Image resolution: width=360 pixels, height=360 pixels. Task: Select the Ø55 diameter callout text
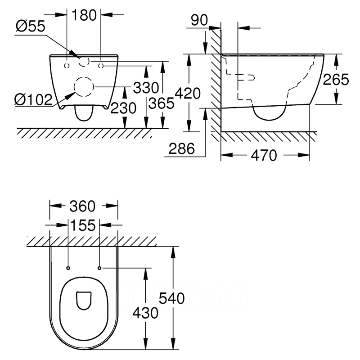(x=30, y=27)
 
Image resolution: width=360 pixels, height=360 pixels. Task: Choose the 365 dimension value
(x=162, y=103)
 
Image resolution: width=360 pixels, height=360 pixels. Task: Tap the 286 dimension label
(x=182, y=148)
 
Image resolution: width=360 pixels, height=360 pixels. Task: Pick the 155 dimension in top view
(x=83, y=225)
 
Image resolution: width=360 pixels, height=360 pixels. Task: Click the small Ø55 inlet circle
(x=84, y=62)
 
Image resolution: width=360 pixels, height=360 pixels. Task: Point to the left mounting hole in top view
(x=68, y=268)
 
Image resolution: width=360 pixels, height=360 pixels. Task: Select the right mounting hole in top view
(x=99, y=268)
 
